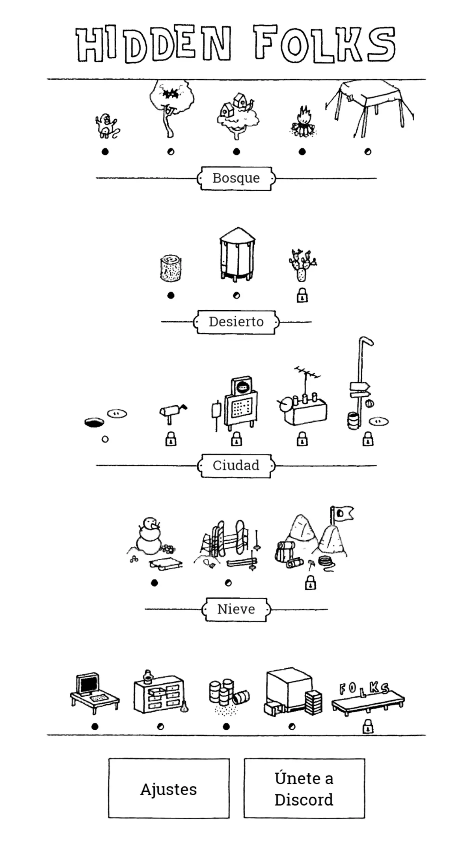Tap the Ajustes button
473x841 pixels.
tap(169, 789)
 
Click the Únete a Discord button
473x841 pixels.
tap(304, 789)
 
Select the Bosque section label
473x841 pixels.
tap(236, 178)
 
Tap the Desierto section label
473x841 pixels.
tap(236, 322)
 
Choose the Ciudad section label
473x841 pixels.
tap(236, 466)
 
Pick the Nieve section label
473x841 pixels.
tap(236, 609)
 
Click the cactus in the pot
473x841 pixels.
tap(302, 265)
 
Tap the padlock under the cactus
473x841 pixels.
tap(302, 295)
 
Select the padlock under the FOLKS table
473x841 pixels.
tap(368, 726)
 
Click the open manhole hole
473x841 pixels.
tap(95, 423)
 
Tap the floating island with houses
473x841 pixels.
tap(237, 116)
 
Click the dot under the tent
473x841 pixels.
tap(368, 152)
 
